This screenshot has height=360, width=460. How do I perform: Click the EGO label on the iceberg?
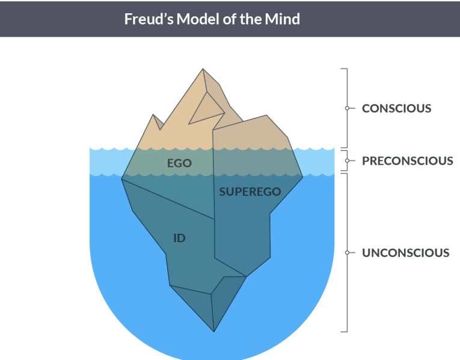pos(179,162)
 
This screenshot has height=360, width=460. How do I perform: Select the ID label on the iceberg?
pos(179,238)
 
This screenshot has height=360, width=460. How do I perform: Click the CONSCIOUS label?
pos(396,109)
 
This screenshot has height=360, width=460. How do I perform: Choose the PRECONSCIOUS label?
pos(407,161)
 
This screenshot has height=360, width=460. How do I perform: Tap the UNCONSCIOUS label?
pos(405,253)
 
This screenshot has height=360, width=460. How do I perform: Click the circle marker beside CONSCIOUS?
pos(347,109)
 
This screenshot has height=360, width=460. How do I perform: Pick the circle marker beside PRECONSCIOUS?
pos(347,161)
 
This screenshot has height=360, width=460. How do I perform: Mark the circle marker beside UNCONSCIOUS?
pos(347,253)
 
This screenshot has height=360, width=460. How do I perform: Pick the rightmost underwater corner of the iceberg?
pos(303,177)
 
